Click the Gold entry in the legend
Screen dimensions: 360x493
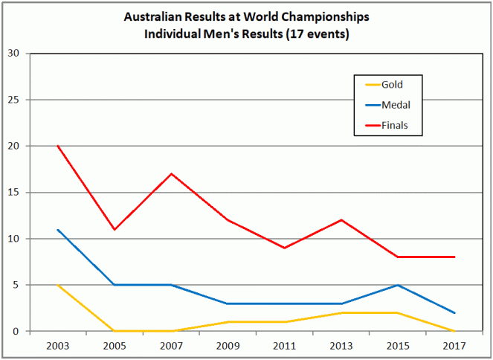[x=391, y=84]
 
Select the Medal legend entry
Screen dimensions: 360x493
[x=395, y=105]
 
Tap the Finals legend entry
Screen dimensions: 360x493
[x=394, y=126]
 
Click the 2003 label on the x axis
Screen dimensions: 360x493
[x=57, y=347]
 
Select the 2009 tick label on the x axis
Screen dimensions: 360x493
[x=228, y=347]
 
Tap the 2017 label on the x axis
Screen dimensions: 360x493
[x=454, y=347]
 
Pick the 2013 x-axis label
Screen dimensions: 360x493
[x=341, y=347]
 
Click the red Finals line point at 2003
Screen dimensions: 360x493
[x=57, y=146]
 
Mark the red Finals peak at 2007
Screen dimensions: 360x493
[x=171, y=174]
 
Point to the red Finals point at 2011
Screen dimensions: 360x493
[x=285, y=248]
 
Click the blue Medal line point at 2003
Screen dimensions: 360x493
[x=57, y=229]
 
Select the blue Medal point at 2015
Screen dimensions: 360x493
[x=398, y=285]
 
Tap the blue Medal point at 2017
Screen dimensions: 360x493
[x=454, y=312]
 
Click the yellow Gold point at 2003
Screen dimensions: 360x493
[x=57, y=285]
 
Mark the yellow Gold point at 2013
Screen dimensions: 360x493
[x=341, y=312]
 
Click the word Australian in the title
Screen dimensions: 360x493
[x=153, y=16]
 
